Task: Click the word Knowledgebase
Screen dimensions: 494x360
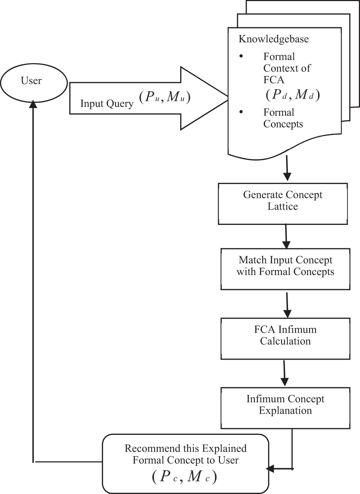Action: coord(273,39)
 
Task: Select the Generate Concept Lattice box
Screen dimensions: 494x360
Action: coord(283,203)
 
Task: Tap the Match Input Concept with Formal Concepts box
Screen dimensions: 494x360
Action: coord(285,269)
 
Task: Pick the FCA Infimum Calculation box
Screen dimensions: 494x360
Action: coord(285,338)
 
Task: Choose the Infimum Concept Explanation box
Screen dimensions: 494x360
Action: coord(285,408)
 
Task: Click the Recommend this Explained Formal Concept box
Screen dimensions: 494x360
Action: coord(186,464)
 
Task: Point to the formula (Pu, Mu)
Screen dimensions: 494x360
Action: coord(165,97)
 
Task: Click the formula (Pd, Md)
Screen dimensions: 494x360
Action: coord(293,95)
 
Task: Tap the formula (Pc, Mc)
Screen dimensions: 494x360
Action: coord(184,477)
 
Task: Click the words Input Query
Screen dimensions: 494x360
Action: coord(107,104)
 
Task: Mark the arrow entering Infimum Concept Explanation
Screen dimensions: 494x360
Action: coord(284,374)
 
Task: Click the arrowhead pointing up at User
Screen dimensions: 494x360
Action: coord(33,103)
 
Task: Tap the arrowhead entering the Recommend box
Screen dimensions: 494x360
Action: coord(270,468)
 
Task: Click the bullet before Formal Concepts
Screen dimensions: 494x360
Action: coord(241,112)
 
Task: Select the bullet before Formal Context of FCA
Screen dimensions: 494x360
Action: coord(241,56)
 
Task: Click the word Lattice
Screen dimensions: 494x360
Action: coord(283,206)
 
